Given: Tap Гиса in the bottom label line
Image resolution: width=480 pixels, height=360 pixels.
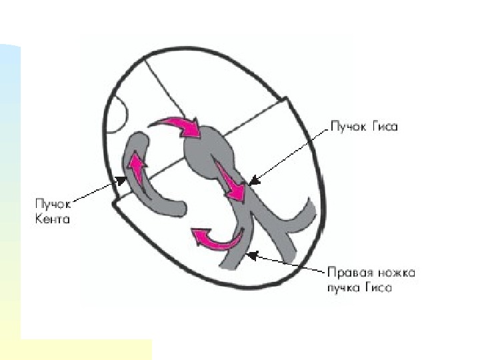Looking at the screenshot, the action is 379,288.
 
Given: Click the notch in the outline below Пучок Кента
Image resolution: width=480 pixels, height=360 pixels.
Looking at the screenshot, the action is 117,201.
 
